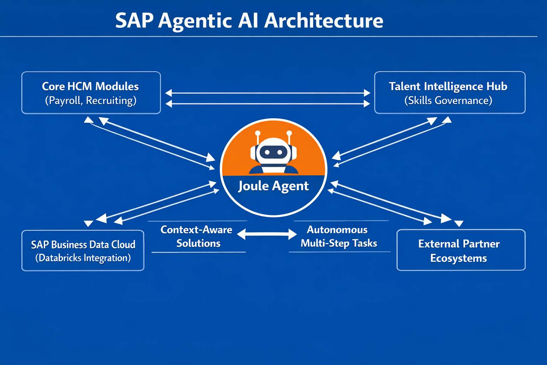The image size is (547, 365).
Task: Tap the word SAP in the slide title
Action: [134, 21]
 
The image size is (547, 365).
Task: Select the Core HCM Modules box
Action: [91, 93]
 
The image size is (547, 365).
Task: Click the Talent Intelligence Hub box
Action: [449, 93]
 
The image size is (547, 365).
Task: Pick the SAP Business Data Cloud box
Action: [83, 251]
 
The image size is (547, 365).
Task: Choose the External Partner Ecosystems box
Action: [461, 250]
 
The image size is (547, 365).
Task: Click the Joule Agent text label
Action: [273, 186]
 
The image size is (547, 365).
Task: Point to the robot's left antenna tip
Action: [258, 133]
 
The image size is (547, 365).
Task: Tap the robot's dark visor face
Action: [273, 153]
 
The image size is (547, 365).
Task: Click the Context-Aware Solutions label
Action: [197, 236]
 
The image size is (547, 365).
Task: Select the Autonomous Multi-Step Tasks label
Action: [338, 236]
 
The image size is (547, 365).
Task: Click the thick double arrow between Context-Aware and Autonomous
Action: [267, 234]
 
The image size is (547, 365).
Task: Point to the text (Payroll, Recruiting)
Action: [91, 101]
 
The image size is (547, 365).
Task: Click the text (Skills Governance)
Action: [448, 101]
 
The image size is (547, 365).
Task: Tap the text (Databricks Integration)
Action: [83, 258]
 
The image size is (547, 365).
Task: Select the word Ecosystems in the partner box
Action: [458, 258]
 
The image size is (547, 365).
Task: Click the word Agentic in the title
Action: [195, 21]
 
